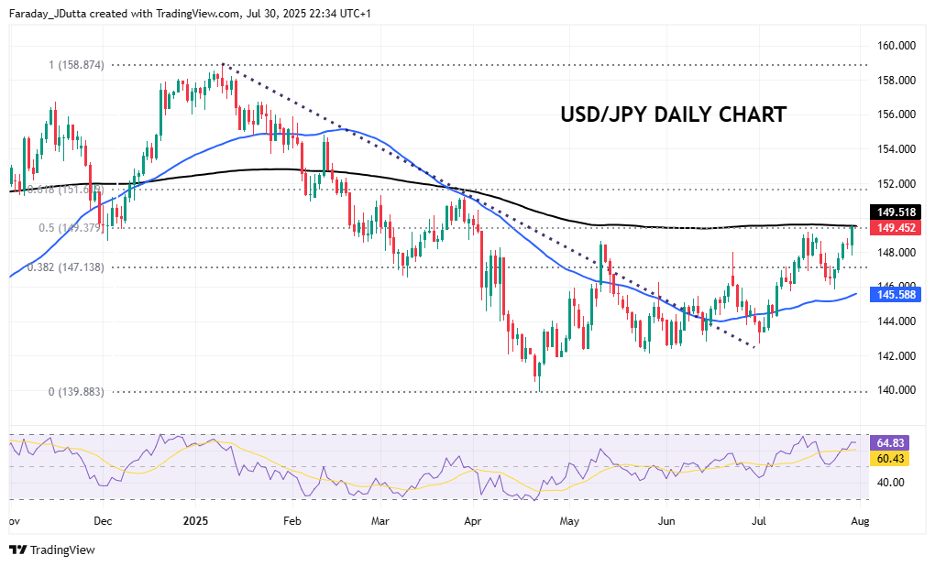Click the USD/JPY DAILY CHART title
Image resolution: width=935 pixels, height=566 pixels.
click(x=674, y=114)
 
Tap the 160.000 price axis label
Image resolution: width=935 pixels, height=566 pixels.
click(x=898, y=45)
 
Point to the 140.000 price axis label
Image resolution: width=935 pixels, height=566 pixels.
click(x=898, y=390)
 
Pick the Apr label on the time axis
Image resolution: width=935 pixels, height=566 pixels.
click(x=473, y=521)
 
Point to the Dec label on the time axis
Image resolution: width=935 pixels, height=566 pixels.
click(x=103, y=521)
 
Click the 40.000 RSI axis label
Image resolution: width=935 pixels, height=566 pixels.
click(x=892, y=483)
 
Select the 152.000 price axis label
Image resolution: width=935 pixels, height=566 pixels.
click(x=898, y=183)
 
